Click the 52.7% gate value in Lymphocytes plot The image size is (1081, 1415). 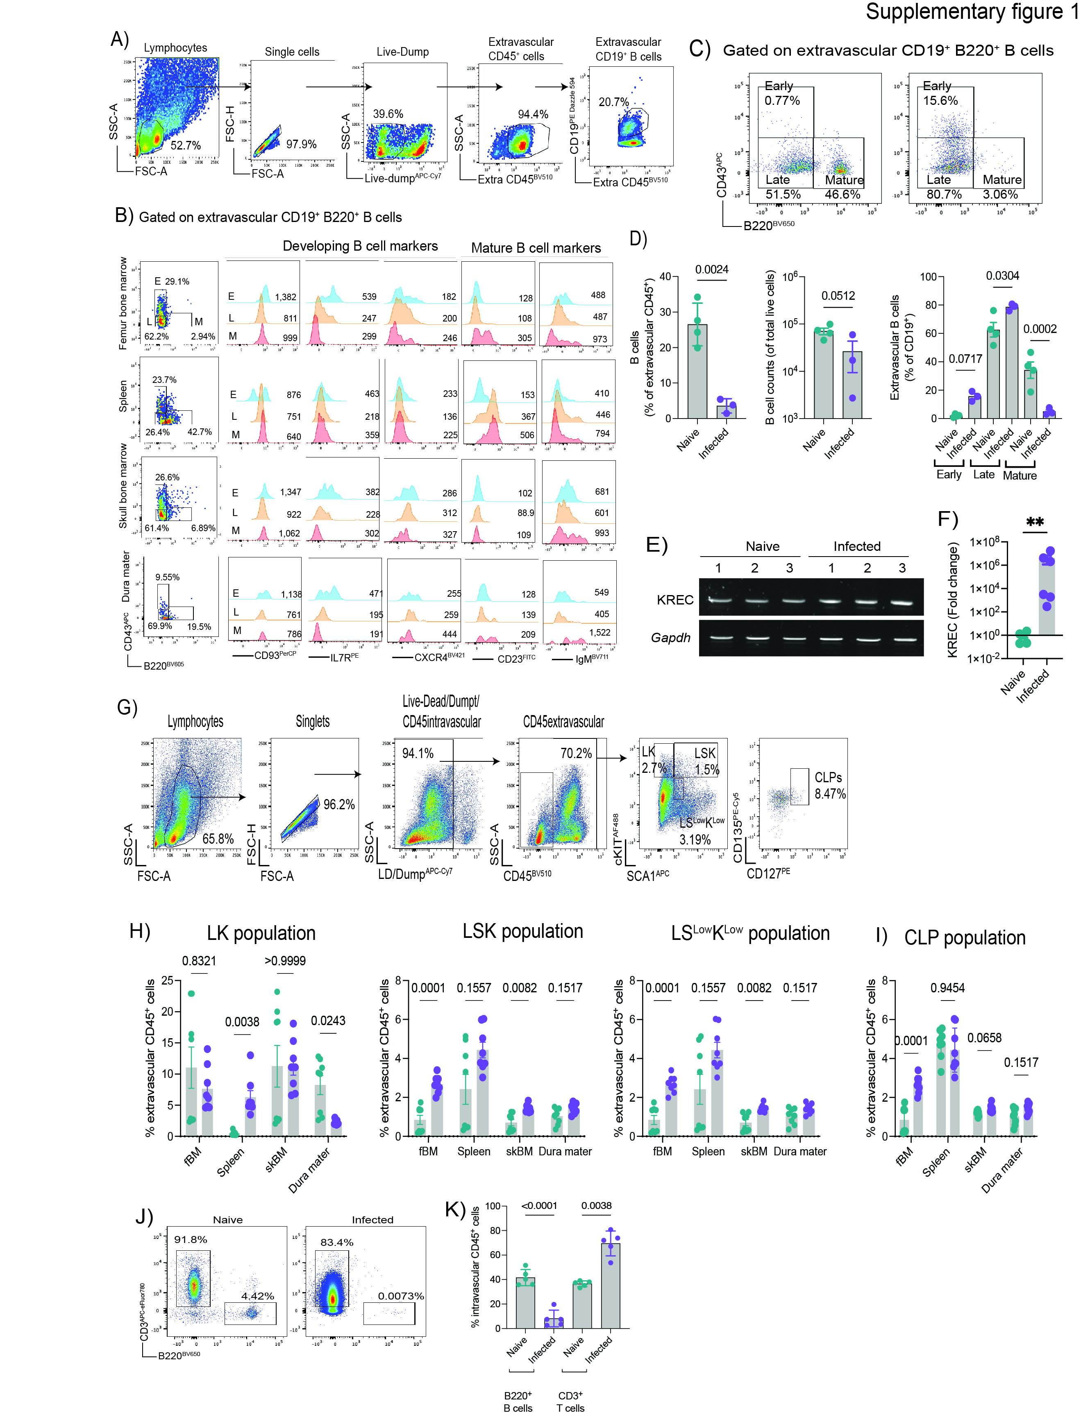(185, 145)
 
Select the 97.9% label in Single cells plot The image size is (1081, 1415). (301, 144)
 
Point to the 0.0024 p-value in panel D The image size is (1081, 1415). (712, 269)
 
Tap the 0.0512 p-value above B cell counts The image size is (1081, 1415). (838, 296)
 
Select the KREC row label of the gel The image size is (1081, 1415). (674, 600)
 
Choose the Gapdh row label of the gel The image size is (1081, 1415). (670, 637)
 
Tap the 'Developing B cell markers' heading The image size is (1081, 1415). (360, 246)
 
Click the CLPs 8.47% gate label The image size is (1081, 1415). (829, 786)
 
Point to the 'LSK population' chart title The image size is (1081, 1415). (522, 931)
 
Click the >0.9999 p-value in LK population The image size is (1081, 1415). (285, 961)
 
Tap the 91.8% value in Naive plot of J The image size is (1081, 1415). (191, 1239)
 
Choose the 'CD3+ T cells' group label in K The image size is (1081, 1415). (570, 1401)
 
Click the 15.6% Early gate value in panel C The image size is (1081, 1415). (940, 100)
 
